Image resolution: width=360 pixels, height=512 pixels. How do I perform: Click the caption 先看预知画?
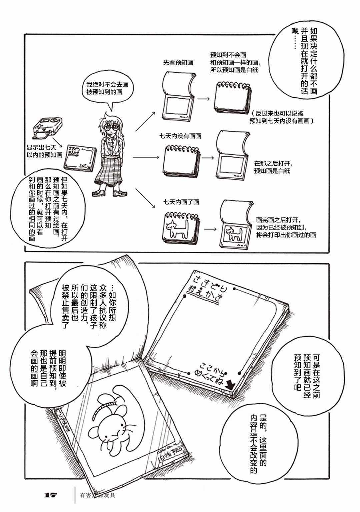(x=178, y=62)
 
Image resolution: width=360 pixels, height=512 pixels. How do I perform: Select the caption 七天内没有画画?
(x=180, y=136)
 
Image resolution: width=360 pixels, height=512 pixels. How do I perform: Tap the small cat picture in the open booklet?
(x=234, y=233)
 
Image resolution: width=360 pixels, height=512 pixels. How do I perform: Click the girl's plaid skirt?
(x=110, y=170)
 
